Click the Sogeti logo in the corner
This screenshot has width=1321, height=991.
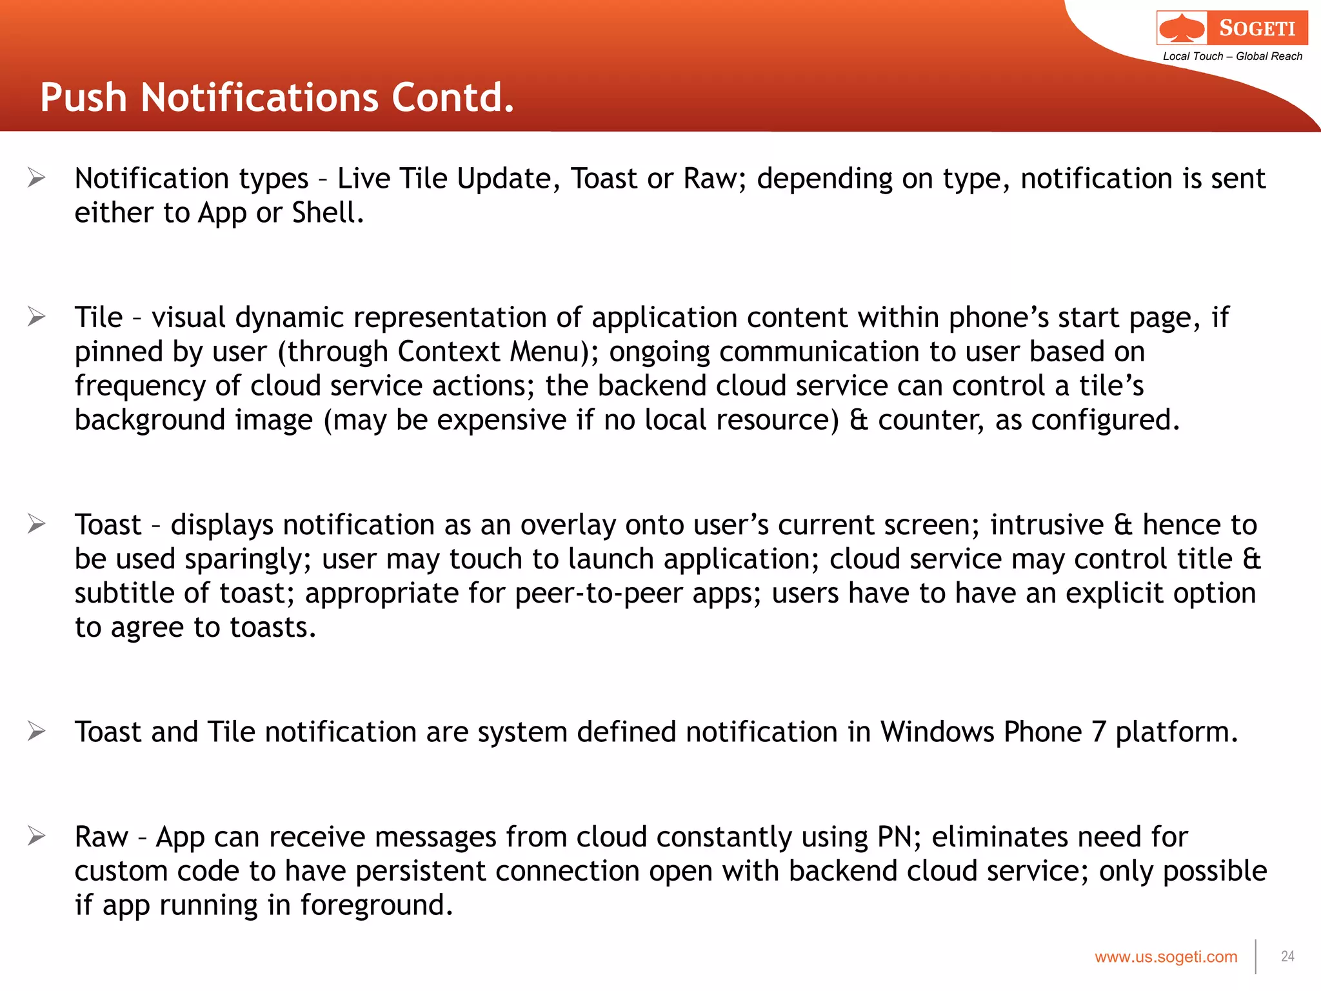pyautogui.click(x=1231, y=28)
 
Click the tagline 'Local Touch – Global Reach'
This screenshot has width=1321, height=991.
pyautogui.click(x=1232, y=56)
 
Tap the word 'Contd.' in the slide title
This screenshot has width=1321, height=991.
pyautogui.click(x=453, y=98)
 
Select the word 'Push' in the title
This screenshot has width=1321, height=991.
pyautogui.click(x=84, y=98)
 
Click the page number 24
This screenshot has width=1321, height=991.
pyautogui.click(x=1287, y=956)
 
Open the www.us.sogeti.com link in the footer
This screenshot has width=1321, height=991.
pyautogui.click(x=1166, y=957)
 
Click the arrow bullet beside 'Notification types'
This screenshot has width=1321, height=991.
pyautogui.click(x=37, y=177)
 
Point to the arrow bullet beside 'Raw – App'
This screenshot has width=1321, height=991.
pyautogui.click(x=37, y=836)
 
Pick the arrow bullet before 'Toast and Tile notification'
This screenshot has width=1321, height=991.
pyautogui.click(x=37, y=731)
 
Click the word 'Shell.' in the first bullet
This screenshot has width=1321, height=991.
pyautogui.click(x=328, y=213)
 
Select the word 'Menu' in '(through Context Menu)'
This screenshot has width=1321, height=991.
pyautogui.click(x=546, y=352)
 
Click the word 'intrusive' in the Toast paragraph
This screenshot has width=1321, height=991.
pyautogui.click(x=1047, y=525)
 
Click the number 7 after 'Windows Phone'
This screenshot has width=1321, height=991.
pyautogui.click(x=1098, y=732)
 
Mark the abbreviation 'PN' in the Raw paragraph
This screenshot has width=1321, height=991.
pyautogui.click(x=895, y=837)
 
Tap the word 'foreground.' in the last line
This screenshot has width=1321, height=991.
pyautogui.click(x=377, y=905)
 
